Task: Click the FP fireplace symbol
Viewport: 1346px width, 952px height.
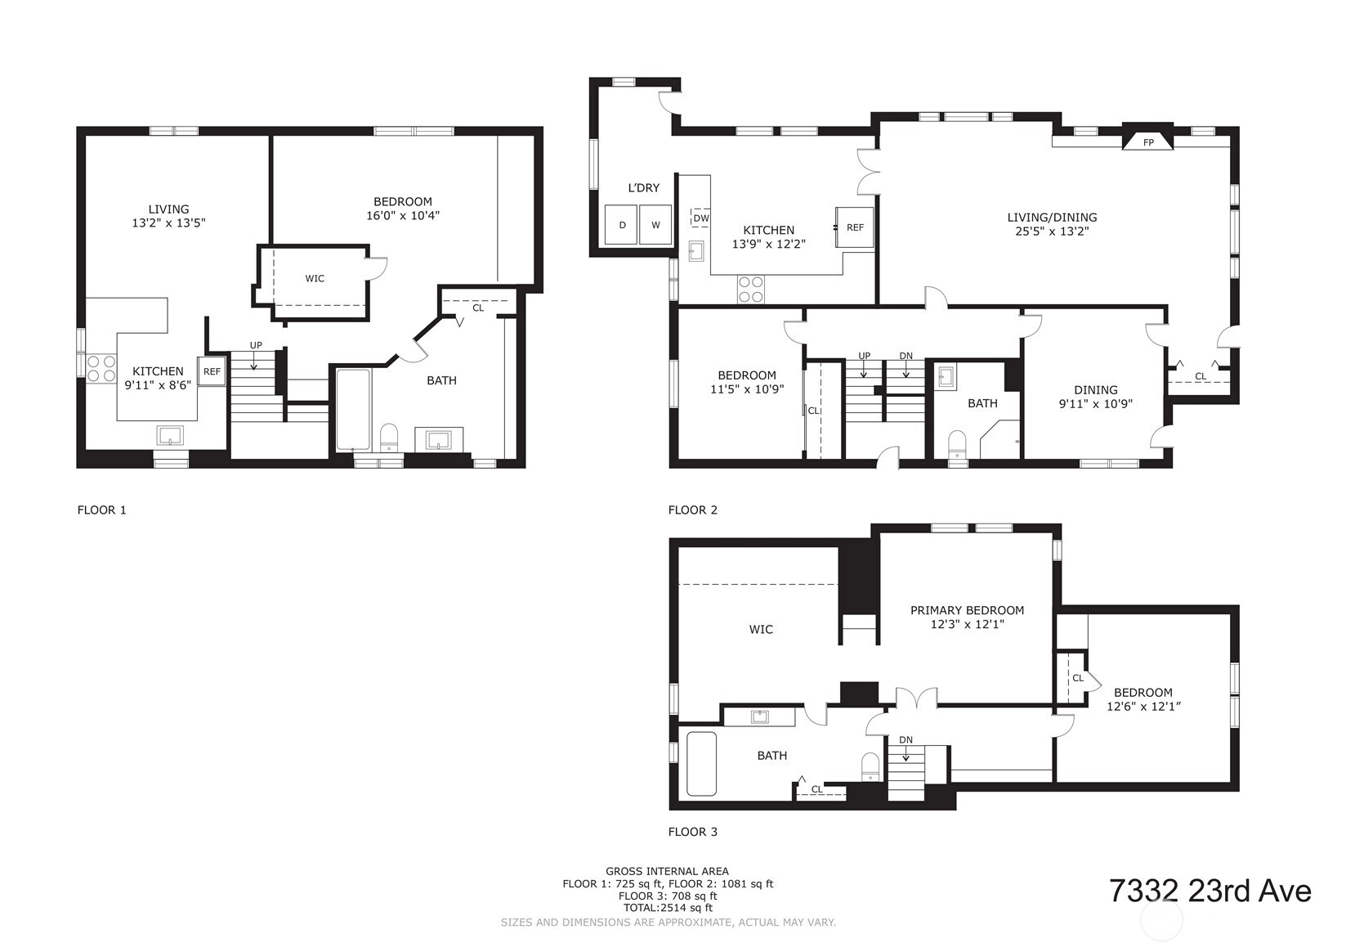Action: click(1147, 141)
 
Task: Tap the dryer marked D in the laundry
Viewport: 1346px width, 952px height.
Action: click(621, 224)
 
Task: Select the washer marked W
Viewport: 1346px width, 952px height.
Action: click(655, 224)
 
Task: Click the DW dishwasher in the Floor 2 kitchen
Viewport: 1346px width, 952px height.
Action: click(700, 218)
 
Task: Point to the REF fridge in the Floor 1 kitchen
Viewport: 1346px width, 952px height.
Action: click(212, 371)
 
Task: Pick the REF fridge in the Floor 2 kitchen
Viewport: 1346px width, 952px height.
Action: click(855, 227)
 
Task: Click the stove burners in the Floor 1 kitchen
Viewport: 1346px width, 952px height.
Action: click(101, 369)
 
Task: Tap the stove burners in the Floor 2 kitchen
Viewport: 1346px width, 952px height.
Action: click(751, 290)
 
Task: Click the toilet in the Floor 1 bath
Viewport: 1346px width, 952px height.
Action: click(389, 438)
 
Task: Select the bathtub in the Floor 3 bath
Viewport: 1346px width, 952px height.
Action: click(701, 763)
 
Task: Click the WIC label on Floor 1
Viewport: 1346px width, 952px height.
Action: click(315, 278)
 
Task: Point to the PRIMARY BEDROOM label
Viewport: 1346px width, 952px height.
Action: click(967, 610)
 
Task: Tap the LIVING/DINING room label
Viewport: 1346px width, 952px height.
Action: click(1052, 218)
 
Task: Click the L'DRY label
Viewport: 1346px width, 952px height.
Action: click(643, 187)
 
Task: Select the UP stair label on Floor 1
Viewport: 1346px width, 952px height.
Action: click(256, 345)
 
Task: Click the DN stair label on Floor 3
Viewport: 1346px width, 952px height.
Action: click(906, 739)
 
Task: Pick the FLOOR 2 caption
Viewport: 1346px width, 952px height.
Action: click(693, 510)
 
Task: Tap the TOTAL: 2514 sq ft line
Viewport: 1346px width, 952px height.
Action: click(668, 908)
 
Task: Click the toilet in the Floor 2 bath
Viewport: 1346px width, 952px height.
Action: click(957, 446)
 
